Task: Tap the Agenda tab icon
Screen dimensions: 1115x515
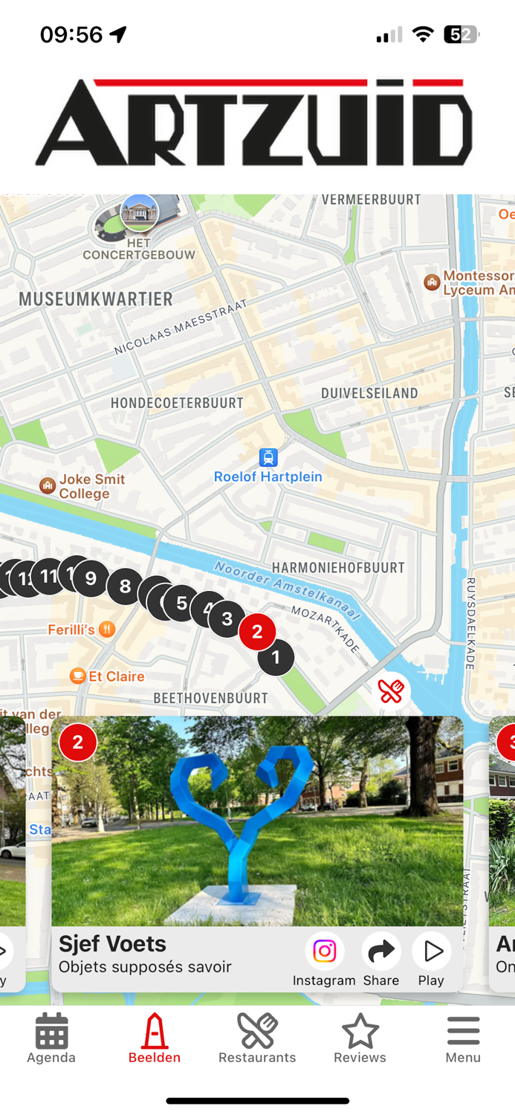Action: click(51, 1031)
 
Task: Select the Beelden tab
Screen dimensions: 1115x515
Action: click(155, 1031)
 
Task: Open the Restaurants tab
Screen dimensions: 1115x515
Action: click(257, 1031)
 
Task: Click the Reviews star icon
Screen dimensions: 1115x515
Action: click(360, 1031)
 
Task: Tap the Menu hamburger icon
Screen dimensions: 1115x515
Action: click(463, 1031)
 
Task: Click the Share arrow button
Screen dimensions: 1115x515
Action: click(381, 951)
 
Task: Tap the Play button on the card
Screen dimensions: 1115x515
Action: click(431, 951)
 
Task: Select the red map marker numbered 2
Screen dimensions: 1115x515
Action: click(257, 632)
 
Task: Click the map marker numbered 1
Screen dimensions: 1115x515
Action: click(276, 657)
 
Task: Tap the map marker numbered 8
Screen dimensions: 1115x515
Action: click(125, 587)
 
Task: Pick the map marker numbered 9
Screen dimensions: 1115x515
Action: click(91, 578)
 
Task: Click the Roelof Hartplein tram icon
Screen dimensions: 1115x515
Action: click(268, 457)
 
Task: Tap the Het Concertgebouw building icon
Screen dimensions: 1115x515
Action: click(139, 213)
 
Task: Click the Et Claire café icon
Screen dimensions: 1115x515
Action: click(77, 676)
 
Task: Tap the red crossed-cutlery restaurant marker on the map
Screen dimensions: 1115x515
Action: click(391, 691)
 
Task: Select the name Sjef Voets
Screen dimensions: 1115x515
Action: click(112, 943)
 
